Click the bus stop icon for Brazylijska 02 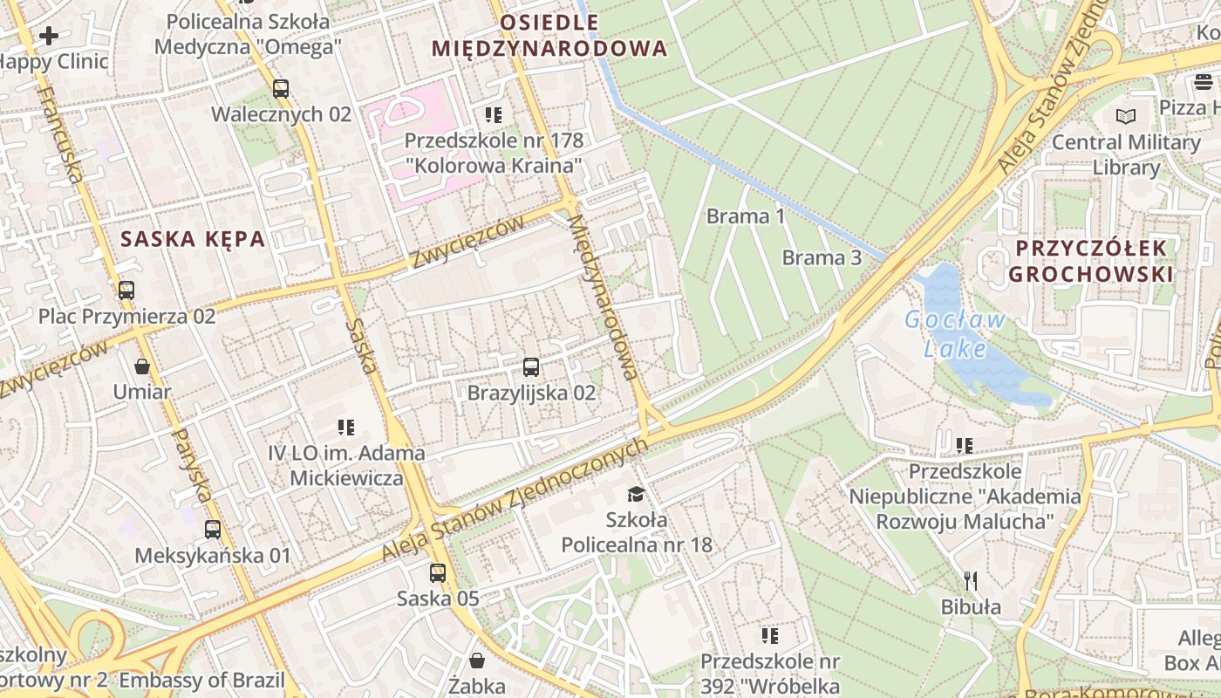[531, 367]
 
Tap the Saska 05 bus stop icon [438, 573]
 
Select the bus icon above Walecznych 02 [281, 88]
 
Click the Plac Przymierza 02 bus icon [126, 290]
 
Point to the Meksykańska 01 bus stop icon [213, 530]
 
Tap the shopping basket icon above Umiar [142, 366]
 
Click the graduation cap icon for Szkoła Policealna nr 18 [636, 495]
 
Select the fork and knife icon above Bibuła [971, 581]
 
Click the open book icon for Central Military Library [1126, 116]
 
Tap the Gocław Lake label [954, 335]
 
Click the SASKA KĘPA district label [193, 239]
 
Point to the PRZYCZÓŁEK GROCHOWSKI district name [1090, 261]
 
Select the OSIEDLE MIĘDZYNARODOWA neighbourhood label [549, 35]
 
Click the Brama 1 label [746, 216]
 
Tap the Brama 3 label [822, 257]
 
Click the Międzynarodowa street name [602, 297]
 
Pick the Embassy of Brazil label [202, 681]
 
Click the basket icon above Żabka [477, 660]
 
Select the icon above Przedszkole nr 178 [494, 115]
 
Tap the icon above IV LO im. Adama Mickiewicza [346, 428]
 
